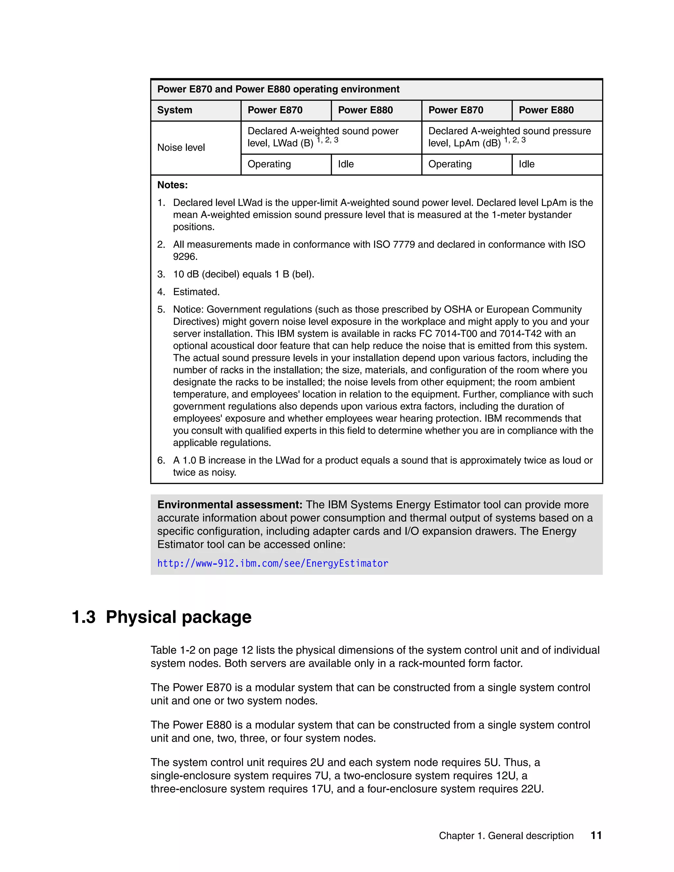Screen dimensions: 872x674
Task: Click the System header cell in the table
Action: pyautogui.click(x=174, y=110)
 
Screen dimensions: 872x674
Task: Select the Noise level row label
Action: pyautogui.click(x=181, y=148)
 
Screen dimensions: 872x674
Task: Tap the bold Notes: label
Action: pyautogui.click(x=172, y=185)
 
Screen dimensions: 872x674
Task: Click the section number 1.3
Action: pyautogui.click(x=84, y=617)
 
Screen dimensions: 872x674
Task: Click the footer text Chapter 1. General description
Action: pyautogui.click(x=506, y=836)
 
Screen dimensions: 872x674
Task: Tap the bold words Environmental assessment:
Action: pyautogui.click(x=230, y=505)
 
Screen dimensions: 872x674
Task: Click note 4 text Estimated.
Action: pyautogui.click(x=196, y=292)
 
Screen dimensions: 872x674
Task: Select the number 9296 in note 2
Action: pyautogui.click(x=185, y=257)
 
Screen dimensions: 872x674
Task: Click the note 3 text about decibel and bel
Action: pyautogui.click(x=244, y=274)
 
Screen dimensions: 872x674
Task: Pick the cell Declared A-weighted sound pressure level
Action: pyautogui.click(x=509, y=137)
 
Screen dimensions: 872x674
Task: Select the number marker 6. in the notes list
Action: pyautogui.click(x=161, y=460)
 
